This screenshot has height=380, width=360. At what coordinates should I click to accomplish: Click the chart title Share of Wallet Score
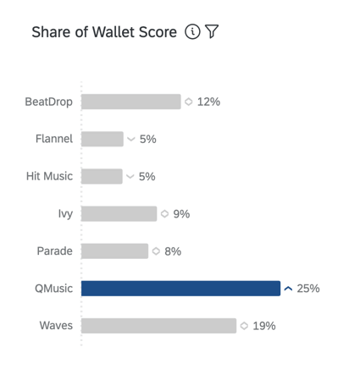104,32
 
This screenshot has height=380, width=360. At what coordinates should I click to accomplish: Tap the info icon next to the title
192,32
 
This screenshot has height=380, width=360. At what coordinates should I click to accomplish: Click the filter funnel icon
212,32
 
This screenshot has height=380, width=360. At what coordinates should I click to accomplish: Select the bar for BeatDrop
131,102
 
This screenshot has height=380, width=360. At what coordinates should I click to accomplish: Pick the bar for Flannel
102,139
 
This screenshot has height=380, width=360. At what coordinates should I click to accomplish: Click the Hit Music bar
102,176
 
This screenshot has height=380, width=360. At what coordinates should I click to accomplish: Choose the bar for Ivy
119,213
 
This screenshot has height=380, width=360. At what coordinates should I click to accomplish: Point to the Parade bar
115,251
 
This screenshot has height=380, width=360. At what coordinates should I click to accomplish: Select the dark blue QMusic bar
180,288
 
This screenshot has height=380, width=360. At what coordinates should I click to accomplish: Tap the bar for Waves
158,325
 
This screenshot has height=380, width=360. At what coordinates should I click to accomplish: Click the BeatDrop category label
48,102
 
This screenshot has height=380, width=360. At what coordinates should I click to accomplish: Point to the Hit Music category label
49,176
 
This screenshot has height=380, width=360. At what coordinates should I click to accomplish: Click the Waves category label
56,325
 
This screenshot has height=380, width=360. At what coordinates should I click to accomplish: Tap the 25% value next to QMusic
308,288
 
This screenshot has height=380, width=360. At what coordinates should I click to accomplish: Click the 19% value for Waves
264,325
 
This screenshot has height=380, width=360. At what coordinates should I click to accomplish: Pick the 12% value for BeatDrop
208,102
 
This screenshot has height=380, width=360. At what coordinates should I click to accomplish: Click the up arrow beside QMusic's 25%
289,289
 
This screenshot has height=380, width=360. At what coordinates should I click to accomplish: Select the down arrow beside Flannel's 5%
131,139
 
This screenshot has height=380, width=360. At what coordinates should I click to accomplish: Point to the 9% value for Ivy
181,213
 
